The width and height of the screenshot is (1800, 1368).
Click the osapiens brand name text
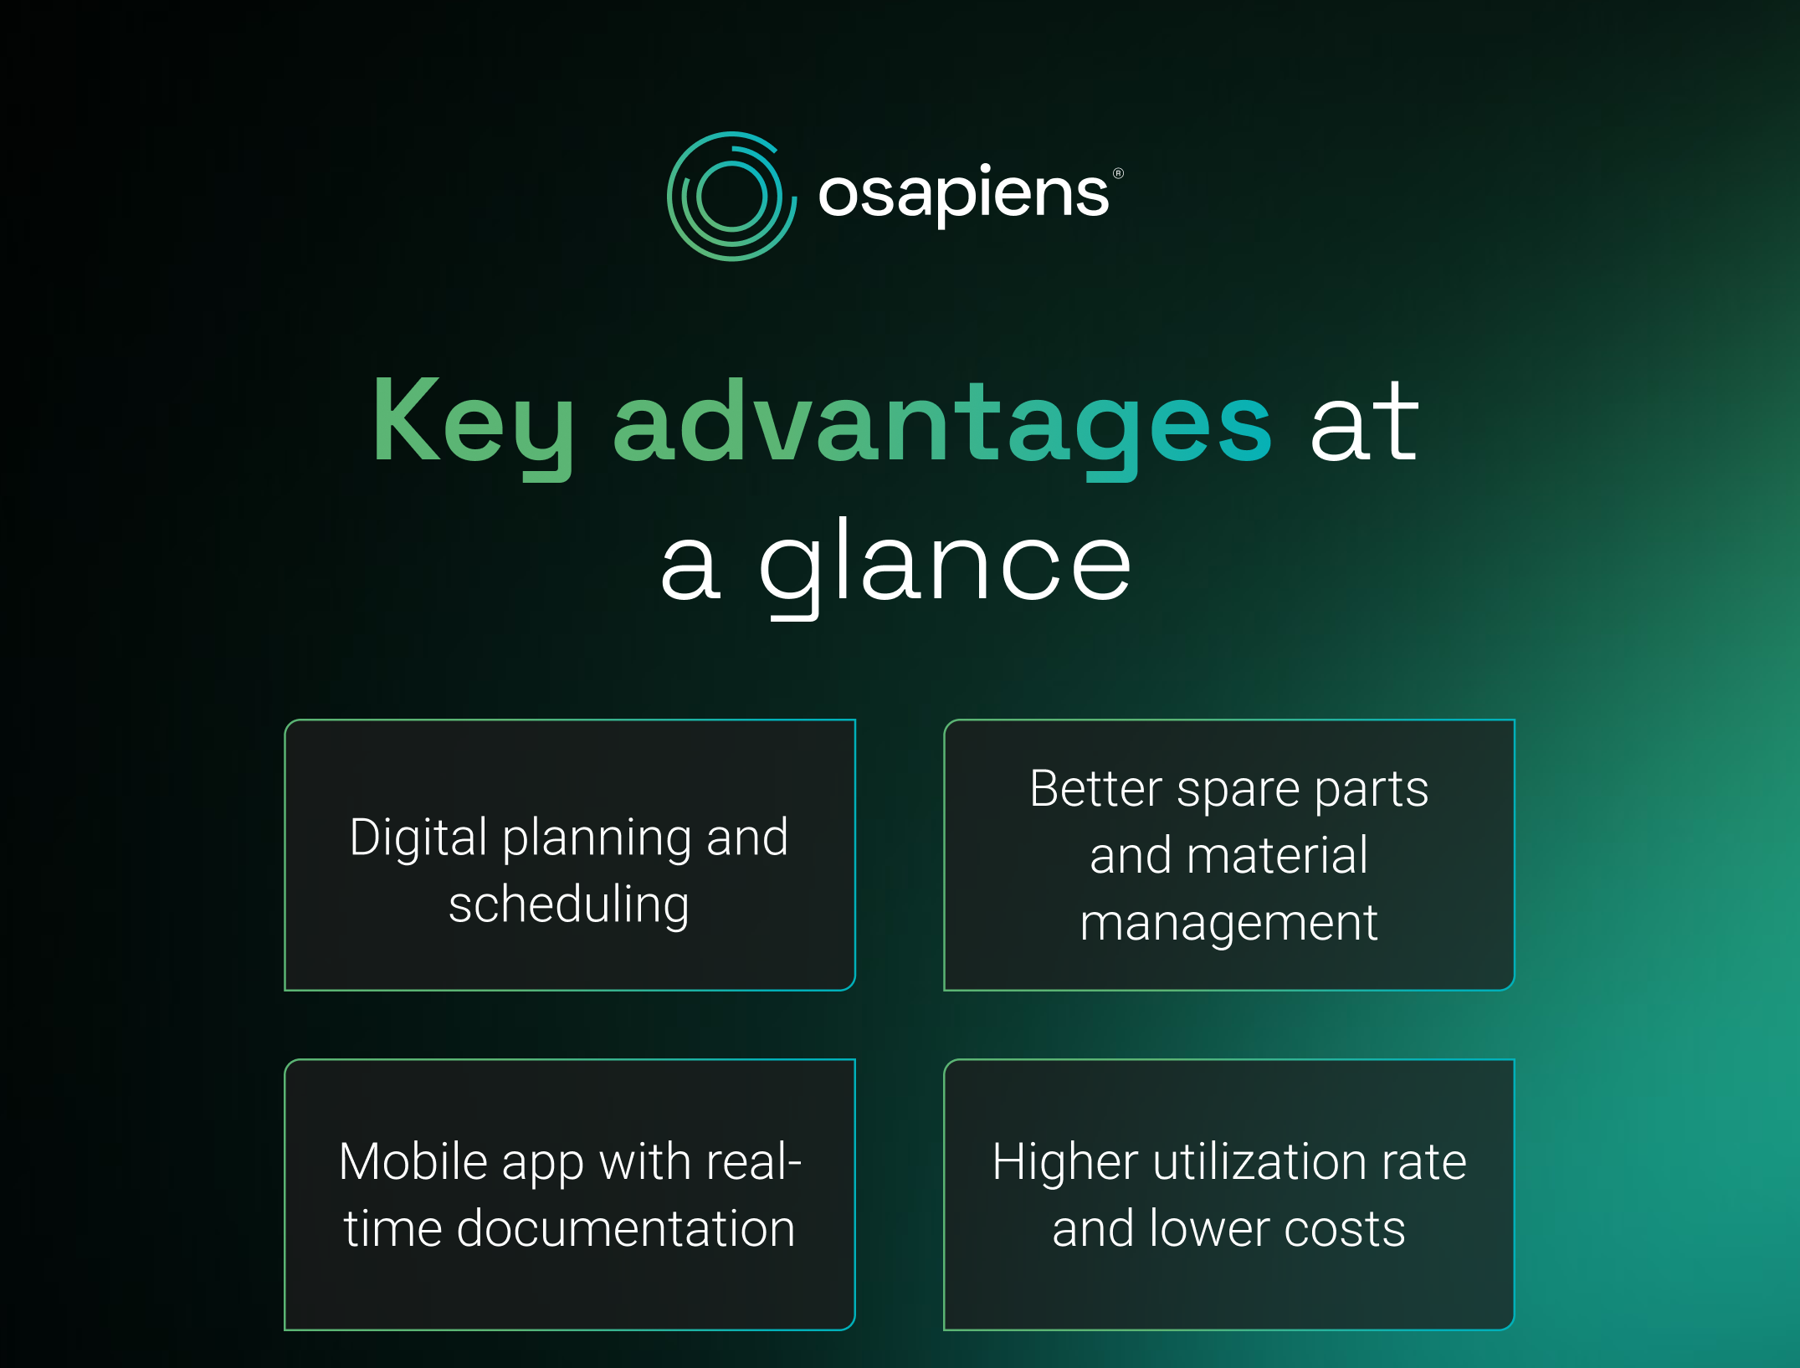963,194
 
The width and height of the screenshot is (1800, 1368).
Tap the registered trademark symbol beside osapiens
1118,173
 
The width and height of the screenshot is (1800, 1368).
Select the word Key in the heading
473,427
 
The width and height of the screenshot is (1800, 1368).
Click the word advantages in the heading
942,427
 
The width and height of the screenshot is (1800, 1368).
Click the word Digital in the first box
418,838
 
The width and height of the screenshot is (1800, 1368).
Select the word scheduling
569,905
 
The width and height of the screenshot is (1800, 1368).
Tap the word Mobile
413,1161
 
